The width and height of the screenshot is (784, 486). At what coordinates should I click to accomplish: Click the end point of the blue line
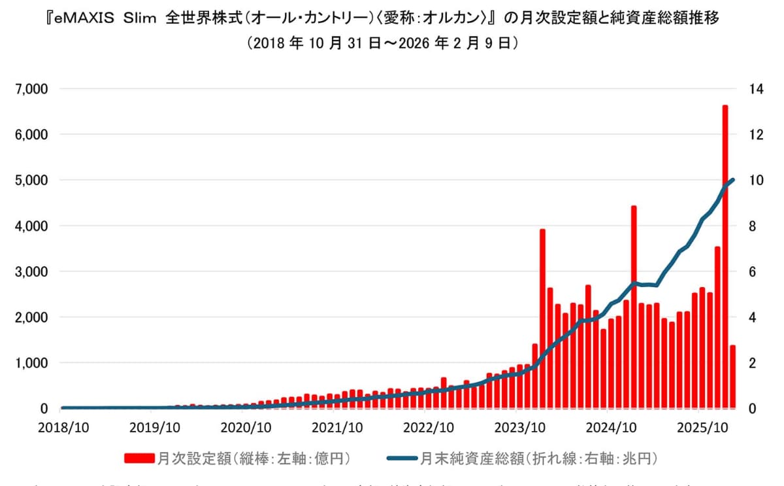(x=733, y=180)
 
